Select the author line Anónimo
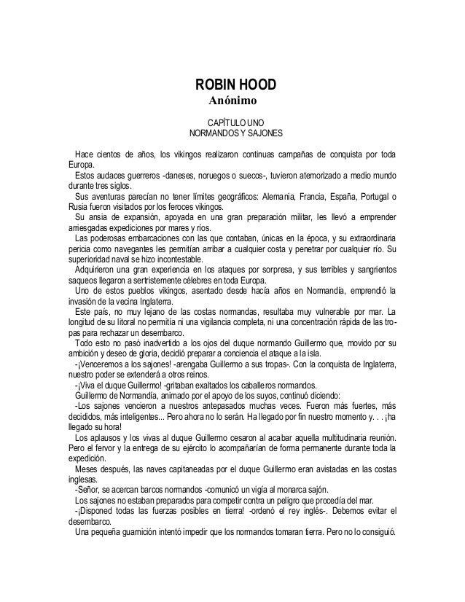[x=230, y=100]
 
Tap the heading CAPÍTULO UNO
[x=231, y=122]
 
